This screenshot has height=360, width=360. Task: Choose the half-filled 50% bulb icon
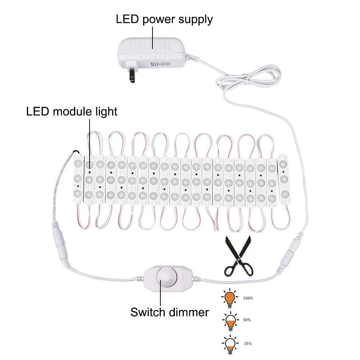coord(230,320)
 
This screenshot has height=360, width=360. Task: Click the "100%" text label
coord(248,298)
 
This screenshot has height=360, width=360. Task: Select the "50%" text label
coord(247,320)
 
